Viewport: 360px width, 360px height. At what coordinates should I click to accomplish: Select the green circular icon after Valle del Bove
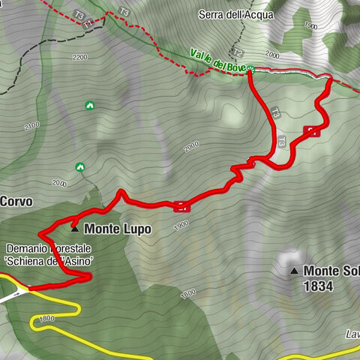(x=250, y=70)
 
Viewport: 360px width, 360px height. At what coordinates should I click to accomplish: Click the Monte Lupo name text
(x=118, y=228)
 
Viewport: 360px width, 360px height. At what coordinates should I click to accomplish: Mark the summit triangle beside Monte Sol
(x=295, y=271)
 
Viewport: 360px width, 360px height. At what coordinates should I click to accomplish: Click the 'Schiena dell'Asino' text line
(x=52, y=260)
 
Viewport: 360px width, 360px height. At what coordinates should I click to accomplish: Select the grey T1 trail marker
(x=88, y=24)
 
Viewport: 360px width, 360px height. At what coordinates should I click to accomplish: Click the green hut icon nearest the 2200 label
(x=89, y=106)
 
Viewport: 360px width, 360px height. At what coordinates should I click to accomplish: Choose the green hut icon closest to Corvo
(x=80, y=166)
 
